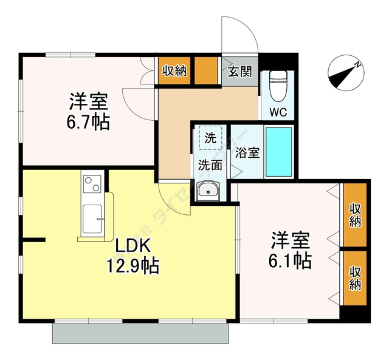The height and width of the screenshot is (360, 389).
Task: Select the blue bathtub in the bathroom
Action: [279, 151]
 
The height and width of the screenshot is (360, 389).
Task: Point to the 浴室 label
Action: [247, 152]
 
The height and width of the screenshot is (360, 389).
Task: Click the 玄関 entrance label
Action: [240, 71]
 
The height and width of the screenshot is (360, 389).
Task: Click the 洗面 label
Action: [210, 164]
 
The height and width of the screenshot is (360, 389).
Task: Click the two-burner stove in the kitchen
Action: [92, 183]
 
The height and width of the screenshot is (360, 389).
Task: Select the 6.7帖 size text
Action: [88, 122]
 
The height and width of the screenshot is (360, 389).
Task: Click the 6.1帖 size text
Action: [291, 260]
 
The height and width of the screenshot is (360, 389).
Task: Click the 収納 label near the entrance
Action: [174, 70]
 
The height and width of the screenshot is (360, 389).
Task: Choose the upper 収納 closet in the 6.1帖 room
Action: [355, 215]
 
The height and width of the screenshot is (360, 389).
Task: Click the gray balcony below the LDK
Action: [140, 332]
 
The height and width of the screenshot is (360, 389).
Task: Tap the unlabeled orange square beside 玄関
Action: [207, 70]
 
